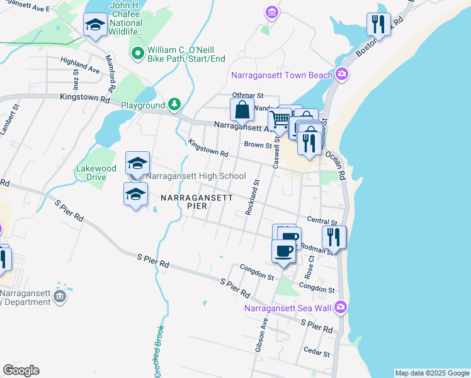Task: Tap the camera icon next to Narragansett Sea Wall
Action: tap(341, 307)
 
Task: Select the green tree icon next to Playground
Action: tap(174, 105)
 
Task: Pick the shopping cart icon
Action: tap(279, 118)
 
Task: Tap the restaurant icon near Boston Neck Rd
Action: tap(378, 25)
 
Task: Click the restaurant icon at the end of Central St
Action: tap(334, 237)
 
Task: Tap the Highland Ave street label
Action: tap(80, 64)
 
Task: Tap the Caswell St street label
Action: tap(276, 152)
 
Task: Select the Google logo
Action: tap(21, 370)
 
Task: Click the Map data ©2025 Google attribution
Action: tap(432, 373)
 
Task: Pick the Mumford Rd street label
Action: tap(111, 72)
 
